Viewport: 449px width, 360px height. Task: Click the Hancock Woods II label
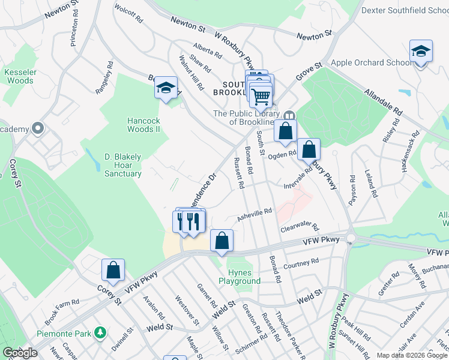point(143,125)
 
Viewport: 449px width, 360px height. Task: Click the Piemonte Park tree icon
point(101,332)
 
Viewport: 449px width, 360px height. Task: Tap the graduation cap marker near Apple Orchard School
point(421,52)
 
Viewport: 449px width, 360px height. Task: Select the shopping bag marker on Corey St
point(113,271)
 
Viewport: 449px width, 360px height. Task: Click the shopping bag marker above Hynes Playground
point(221,241)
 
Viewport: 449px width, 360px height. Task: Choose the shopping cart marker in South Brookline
point(261,95)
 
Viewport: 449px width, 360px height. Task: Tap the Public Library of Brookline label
point(246,118)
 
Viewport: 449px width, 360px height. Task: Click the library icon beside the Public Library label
point(289,115)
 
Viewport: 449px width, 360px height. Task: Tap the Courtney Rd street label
point(301,264)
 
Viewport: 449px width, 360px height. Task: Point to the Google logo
point(20,353)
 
